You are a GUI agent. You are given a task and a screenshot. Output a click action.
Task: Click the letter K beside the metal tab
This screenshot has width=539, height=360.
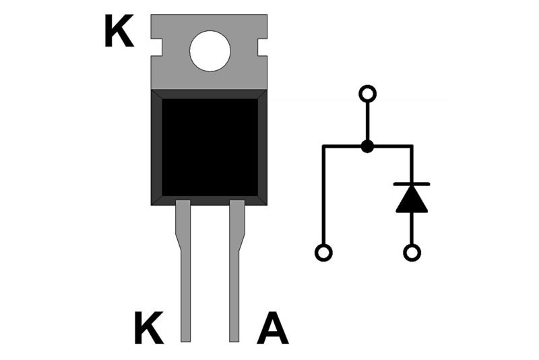tap(119, 33)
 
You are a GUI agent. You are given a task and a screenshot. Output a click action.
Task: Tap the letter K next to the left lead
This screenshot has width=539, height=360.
tap(148, 328)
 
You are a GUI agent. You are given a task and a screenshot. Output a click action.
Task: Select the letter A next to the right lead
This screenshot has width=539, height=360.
tap(273, 328)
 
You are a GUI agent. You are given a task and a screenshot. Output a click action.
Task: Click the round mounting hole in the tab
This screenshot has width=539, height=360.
tap(210, 52)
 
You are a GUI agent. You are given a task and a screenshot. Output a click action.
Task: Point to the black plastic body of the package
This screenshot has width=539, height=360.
tap(209, 147)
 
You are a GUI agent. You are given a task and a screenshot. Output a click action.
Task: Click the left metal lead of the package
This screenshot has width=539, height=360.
tap(185, 283)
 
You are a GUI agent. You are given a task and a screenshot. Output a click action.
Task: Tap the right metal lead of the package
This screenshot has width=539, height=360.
tap(235, 283)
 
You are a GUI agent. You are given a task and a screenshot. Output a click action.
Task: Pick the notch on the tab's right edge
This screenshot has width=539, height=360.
tap(262, 47)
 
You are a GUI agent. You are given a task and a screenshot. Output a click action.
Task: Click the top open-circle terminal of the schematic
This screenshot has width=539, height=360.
tap(367, 92)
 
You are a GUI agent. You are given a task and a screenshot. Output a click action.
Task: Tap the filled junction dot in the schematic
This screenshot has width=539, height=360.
tap(367, 146)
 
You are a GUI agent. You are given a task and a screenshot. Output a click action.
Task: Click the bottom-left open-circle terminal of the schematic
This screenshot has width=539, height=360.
tap(323, 253)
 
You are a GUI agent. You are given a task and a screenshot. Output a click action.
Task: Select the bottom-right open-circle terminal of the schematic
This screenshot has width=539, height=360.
tap(412, 253)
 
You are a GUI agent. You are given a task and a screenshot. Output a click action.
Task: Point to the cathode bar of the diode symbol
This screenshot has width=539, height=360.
tap(412, 183)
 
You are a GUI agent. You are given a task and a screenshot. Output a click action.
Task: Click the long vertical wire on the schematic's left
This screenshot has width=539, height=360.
tap(323, 196)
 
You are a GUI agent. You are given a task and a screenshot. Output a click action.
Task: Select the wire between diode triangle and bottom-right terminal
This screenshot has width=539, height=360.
tap(412, 229)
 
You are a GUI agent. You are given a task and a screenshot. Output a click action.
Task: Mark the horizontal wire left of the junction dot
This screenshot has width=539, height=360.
tap(344, 146)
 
